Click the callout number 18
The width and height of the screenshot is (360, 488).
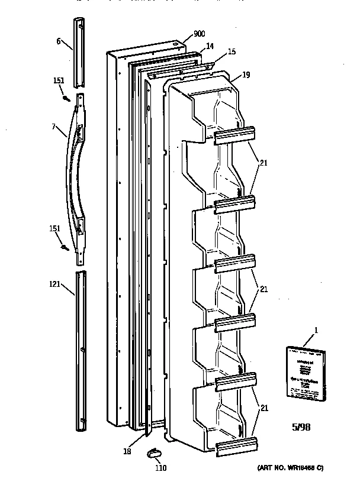126,451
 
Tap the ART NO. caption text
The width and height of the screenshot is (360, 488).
290,468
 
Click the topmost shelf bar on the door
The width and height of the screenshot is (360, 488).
234,136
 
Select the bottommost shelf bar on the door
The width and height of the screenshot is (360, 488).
237,448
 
